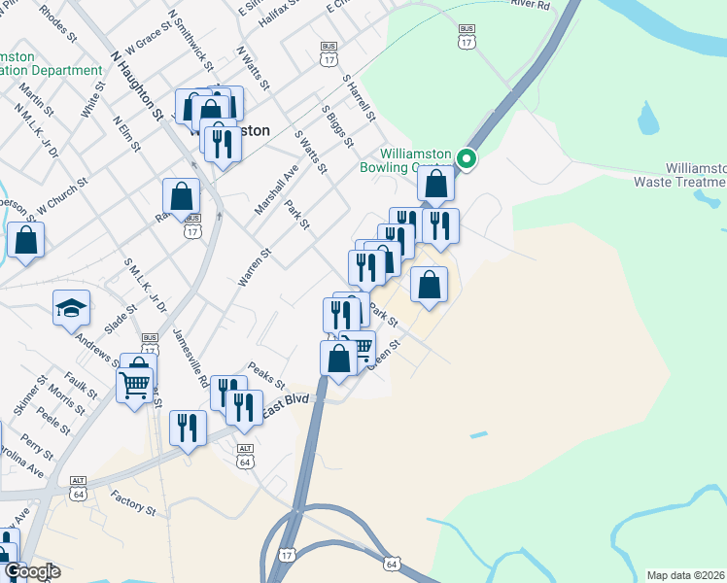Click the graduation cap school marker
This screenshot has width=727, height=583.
(72, 309)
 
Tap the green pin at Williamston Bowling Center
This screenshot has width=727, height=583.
(467, 158)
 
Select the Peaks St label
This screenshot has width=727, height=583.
(264, 374)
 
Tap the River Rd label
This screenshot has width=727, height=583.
(530, 6)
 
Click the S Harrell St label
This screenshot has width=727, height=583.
(359, 98)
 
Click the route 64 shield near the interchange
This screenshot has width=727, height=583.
(392, 564)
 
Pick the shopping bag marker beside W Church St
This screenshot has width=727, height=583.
(25, 240)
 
